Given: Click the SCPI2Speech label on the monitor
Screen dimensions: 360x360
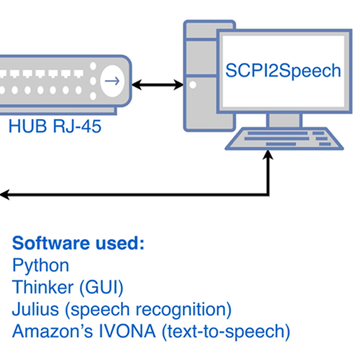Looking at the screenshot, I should pyautogui.click(x=283, y=71).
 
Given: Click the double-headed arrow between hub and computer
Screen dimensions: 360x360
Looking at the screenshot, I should pyautogui.click(x=157, y=85).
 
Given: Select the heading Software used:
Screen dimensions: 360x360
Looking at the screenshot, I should pyautogui.click(x=79, y=244).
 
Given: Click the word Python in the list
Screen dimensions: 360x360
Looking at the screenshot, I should pyautogui.click(x=41, y=265).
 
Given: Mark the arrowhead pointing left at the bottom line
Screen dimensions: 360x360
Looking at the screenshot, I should pyautogui.click(x=4, y=194).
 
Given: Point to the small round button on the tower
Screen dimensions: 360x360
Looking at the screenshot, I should pyautogui.click(x=193, y=85).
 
